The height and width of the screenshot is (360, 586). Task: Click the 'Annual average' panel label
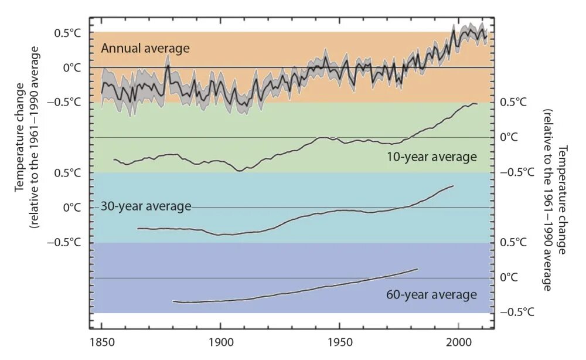point(145,48)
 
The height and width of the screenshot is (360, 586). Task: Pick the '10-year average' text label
point(431,157)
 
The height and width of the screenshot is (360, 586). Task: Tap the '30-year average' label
point(146,206)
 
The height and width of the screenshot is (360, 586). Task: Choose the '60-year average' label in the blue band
point(431,294)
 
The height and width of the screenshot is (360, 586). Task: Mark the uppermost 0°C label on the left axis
point(72,67)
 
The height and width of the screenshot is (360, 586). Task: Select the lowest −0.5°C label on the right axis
point(517,312)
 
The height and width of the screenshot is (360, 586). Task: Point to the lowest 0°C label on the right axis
point(510,277)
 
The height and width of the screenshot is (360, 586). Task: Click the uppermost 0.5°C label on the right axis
point(513,102)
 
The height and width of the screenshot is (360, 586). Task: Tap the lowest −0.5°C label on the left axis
point(67,242)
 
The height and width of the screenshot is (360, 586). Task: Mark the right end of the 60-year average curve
point(417,269)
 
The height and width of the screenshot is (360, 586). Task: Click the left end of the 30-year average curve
point(138,228)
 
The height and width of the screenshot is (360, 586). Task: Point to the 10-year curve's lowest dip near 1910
point(239,171)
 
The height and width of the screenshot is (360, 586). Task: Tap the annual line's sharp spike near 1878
point(168,65)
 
